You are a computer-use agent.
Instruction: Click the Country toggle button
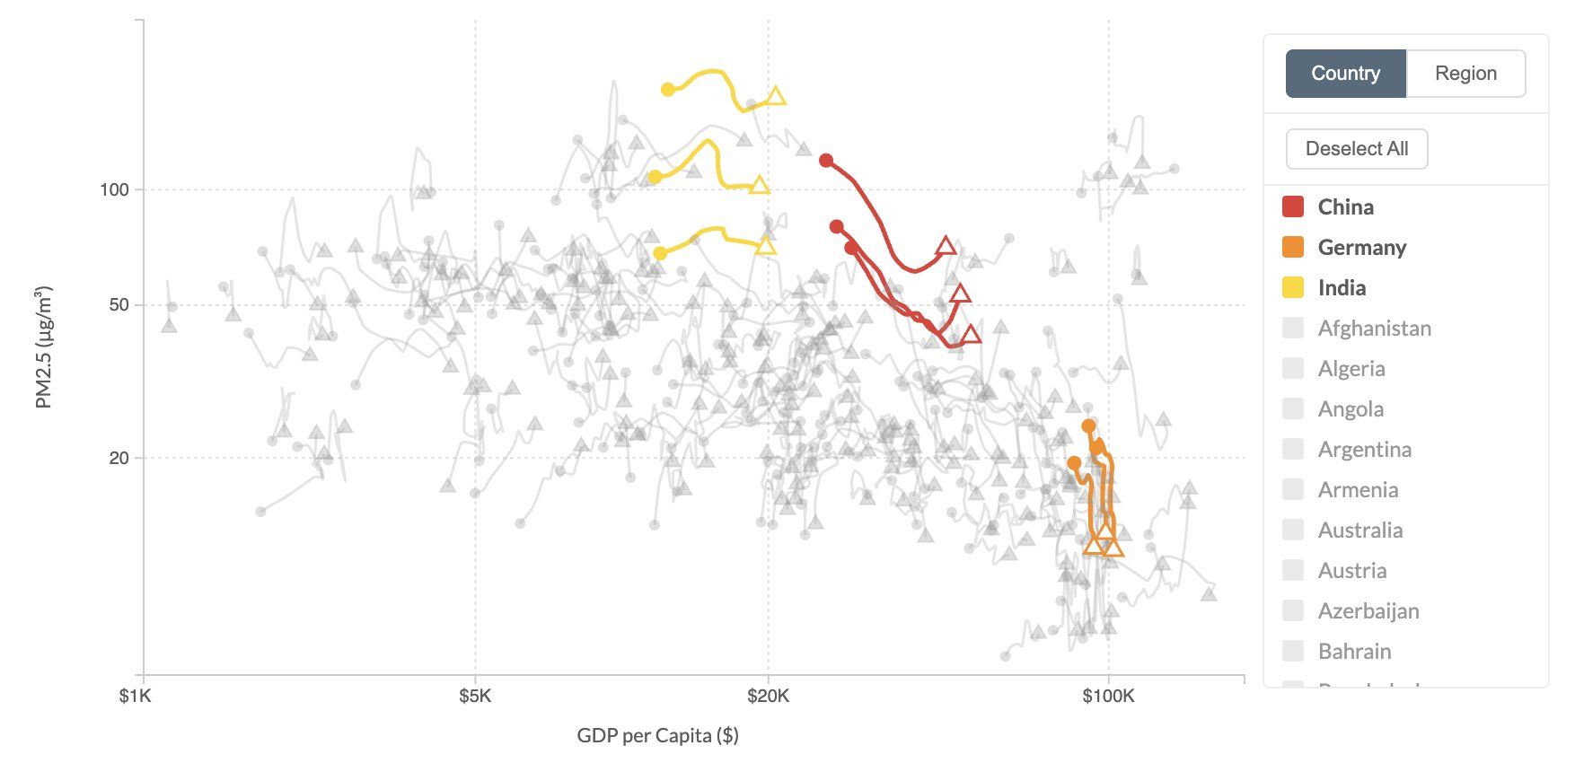pyautogui.click(x=1345, y=74)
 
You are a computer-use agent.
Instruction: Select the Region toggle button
pyautogui.click(x=1465, y=74)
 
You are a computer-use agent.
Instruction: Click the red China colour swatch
pyautogui.click(x=1293, y=206)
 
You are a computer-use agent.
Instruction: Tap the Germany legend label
pyautogui.click(x=1361, y=248)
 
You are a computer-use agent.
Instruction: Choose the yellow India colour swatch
pyautogui.click(x=1293, y=288)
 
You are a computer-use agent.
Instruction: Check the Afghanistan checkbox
pyautogui.click(x=1293, y=329)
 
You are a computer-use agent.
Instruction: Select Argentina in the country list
pyautogui.click(x=1364, y=450)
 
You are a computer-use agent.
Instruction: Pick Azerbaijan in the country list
pyautogui.click(x=1368, y=611)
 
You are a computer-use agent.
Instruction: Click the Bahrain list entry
pyautogui.click(x=1354, y=652)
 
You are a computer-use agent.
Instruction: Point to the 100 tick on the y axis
pyautogui.click(x=114, y=189)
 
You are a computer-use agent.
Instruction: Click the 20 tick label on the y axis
pyautogui.click(x=119, y=458)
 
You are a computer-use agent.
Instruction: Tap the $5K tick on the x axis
pyautogui.click(x=475, y=696)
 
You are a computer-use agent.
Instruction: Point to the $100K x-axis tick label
pyautogui.click(x=1108, y=696)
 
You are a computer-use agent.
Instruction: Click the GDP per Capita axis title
pyautogui.click(x=657, y=736)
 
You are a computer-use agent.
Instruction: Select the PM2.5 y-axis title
pyautogui.click(x=44, y=347)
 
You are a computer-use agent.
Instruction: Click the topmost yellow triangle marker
pyautogui.click(x=777, y=96)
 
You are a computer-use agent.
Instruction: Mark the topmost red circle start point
pyautogui.click(x=826, y=161)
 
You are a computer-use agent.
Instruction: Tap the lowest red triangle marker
pyautogui.click(x=971, y=335)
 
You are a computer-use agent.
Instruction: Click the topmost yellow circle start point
pyautogui.click(x=668, y=90)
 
